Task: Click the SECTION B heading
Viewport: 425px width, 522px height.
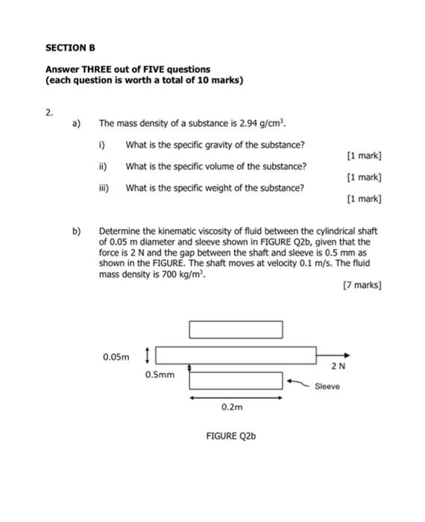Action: click(x=71, y=47)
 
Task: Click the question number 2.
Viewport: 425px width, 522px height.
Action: click(x=49, y=113)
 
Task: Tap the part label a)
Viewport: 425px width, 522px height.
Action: click(x=77, y=124)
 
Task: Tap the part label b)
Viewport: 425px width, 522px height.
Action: click(x=77, y=231)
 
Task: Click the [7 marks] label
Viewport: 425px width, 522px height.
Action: click(x=361, y=285)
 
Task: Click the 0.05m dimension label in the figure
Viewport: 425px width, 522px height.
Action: click(x=116, y=357)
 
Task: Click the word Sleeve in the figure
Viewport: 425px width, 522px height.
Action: click(x=327, y=386)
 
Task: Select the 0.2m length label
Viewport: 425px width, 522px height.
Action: click(x=232, y=408)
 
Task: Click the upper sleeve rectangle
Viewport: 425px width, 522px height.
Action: click(x=236, y=329)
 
